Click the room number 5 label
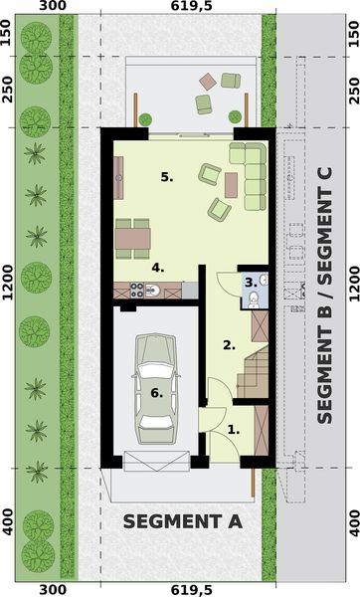(x=167, y=177)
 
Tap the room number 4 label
(x=157, y=268)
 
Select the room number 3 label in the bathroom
(x=250, y=283)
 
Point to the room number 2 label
(x=229, y=346)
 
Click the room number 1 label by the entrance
(x=234, y=430)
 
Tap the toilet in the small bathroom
(x=255, y=299)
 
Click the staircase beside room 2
(x=256, y=374)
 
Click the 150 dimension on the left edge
(x=7, y=36)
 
